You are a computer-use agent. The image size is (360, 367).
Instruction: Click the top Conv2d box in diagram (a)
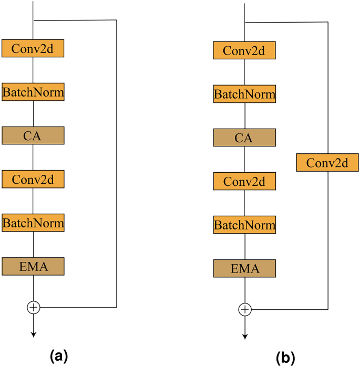[33, 48]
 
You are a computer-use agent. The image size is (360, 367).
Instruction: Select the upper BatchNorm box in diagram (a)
[33, 92]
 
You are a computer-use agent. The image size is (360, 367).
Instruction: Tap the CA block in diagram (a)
[33, 135]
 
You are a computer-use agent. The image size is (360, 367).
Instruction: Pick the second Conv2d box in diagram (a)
[33, 179]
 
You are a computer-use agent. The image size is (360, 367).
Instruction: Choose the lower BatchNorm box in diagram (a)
[33, 222]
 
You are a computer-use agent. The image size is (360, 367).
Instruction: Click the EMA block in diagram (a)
[33, 266]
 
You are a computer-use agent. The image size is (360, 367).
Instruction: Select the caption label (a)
[58, 356]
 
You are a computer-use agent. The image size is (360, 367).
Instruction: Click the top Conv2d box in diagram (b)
[244, 51]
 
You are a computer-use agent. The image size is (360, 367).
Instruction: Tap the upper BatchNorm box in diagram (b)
[244, 95]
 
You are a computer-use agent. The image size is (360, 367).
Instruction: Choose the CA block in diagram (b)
[244, 138]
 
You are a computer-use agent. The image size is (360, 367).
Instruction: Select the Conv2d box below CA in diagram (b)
[244, 182]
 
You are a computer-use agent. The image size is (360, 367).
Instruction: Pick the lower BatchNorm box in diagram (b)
[244, 225]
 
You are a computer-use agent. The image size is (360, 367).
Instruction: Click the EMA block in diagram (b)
[244, 269]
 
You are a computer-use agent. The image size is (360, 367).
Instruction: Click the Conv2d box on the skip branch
[327, 163]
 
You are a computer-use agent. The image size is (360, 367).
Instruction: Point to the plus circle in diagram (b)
[244, 309]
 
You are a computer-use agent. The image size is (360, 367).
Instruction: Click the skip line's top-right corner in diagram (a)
[116, 20]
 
